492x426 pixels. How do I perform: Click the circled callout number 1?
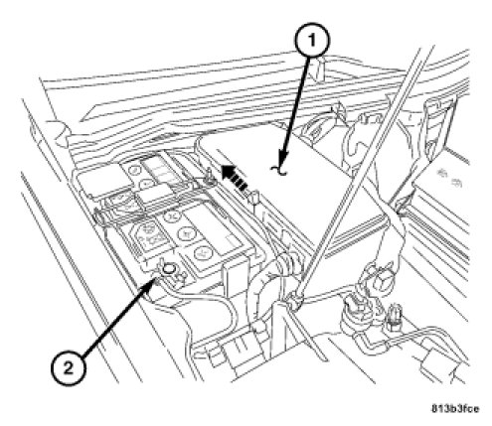pos(311,41)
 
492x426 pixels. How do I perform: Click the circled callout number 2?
pos(69,367)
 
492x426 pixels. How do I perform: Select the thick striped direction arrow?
pos(235,178)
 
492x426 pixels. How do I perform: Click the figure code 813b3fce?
pos(455,409)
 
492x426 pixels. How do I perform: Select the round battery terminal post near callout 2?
pos(169,270)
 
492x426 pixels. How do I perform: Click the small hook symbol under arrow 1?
pos(278,170)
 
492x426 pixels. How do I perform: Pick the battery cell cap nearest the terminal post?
pos(200,253)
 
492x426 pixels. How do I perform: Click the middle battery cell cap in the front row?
pos(185,233)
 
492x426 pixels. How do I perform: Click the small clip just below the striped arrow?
pos(255,199)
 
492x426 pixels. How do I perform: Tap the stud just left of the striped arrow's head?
pos(209,176)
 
